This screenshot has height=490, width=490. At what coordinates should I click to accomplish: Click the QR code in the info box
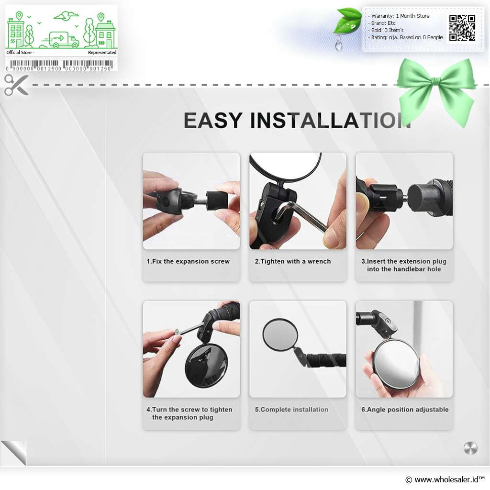(x=462, y=28)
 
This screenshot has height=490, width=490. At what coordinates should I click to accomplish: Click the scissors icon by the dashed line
(x=16, y=85)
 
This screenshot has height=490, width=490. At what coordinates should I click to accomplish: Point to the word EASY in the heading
(x=213, y=120)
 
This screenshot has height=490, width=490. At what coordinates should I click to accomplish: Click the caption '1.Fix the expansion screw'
(x=188, y=261)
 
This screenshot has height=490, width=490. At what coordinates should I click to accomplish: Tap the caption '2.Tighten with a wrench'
(x=292, y=261)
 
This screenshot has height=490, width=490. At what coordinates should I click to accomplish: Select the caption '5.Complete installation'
(x=291, y=410)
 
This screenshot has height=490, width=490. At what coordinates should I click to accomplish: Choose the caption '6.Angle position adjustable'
(x=405, y=410)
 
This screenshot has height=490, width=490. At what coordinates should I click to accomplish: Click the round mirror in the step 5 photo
(x=280, y=334)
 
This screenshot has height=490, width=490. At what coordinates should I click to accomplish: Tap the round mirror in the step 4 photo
(x=206, y=366)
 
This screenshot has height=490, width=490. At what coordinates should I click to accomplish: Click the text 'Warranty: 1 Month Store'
(x=400, y=16)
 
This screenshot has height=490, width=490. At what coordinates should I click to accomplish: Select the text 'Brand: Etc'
(x=383, y=23)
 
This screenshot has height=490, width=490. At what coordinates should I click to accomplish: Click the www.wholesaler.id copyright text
(x=445, y=479)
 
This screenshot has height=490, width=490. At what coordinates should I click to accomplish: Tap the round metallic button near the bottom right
(x=470, y=448)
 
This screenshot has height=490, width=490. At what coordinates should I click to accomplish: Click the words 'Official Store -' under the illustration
(x=20, y=53)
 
